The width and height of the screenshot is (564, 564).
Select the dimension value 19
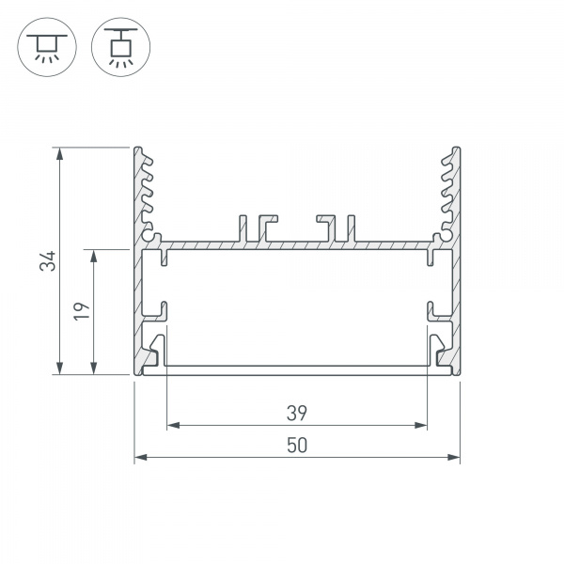(x=83, y=311)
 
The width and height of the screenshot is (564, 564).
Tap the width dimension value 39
(x=297, y=412)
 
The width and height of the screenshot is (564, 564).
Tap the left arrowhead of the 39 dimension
(x=172, y=426)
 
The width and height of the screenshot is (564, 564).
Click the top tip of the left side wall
(x=138, y=149)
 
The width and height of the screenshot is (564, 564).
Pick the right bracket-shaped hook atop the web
(x=328, y=227)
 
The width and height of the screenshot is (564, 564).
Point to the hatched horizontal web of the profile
(x=297, y=245)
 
